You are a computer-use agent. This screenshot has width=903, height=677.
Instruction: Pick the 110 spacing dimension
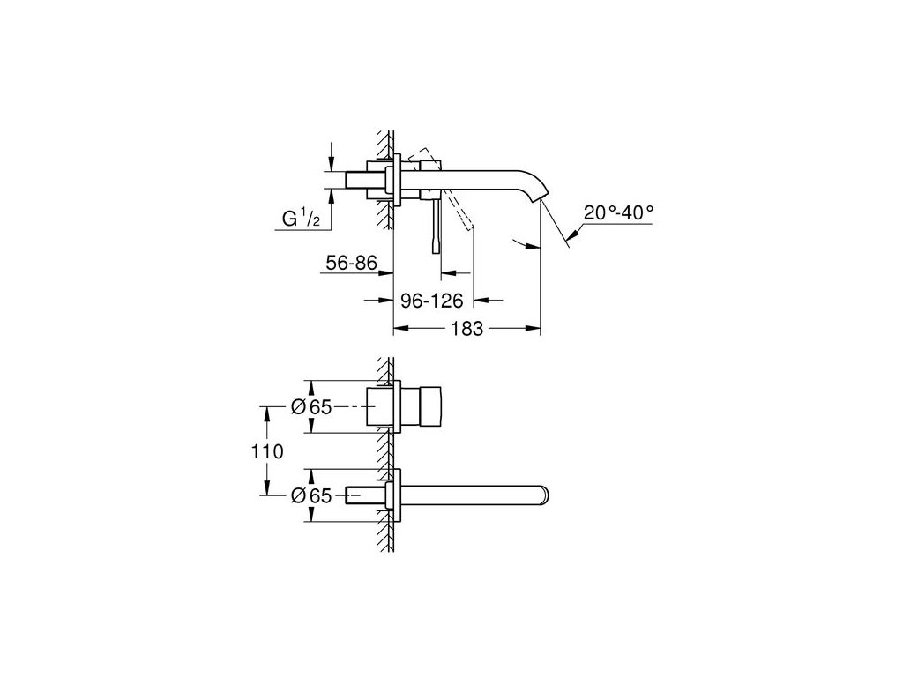(266, 452)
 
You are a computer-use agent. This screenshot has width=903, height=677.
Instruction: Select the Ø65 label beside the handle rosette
(310, 407)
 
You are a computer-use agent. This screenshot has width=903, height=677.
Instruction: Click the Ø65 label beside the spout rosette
(310, 496)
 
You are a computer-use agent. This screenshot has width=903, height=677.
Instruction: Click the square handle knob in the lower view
(421, 407)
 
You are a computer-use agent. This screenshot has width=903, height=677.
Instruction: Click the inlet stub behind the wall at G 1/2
(364, 180)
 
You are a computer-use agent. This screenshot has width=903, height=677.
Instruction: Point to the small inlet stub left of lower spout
(365, 495)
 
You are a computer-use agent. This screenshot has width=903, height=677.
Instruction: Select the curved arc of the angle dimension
(526, 243)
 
